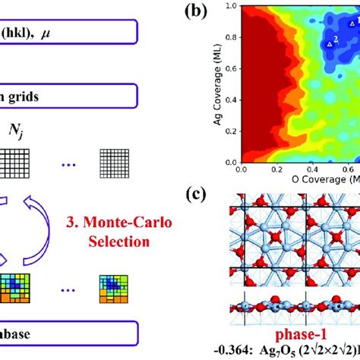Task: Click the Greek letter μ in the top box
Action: (55, 33)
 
